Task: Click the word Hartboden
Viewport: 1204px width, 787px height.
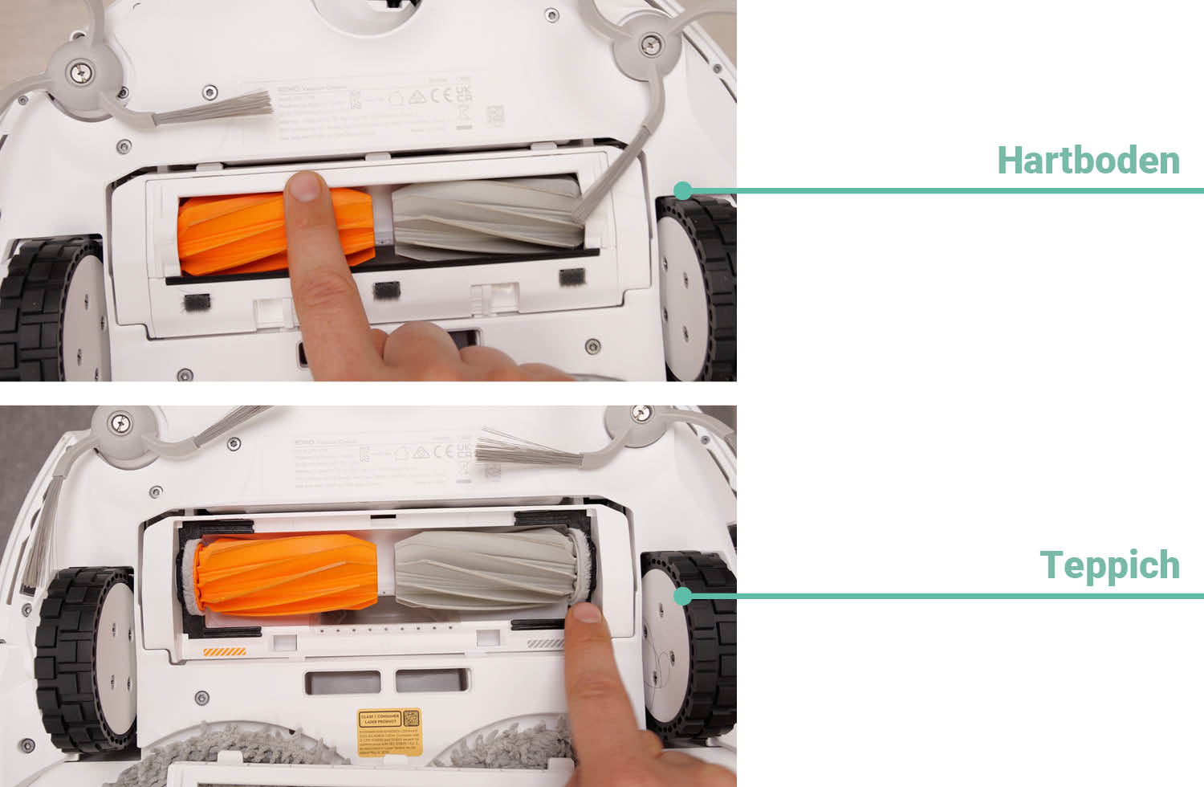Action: [x=1088, y=161]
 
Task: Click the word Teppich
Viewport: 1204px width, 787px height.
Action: [x=1109, y=565]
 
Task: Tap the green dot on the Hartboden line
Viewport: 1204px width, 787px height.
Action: [x=683, y=191]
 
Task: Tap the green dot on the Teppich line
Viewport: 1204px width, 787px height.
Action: [x=683, y=596]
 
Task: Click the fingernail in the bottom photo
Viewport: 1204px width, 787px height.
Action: [x=587, y=614]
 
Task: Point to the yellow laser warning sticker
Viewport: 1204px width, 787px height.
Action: [x=389, y=731]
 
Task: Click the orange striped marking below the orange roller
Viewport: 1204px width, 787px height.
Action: [x=225, y=652]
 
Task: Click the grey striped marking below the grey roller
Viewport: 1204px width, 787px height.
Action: [x=547, y=643]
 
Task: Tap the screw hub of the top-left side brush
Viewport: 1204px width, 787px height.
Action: [x=80, y=73]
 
